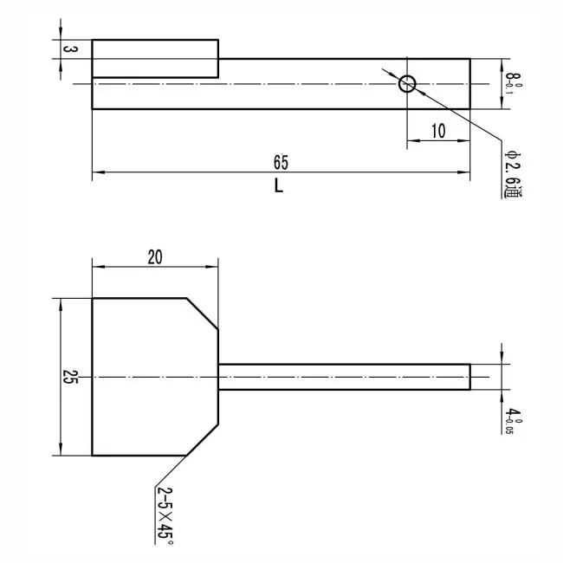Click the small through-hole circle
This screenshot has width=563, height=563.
point(407,75)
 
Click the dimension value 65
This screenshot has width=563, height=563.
point(281,163)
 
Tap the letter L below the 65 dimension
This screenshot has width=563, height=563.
point(279,186)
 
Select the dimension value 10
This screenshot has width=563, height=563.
point(438,131)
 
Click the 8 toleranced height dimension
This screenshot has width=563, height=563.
point(512,84)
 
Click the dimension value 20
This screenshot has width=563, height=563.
point(155,257)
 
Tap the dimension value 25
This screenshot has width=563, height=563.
point(70,377)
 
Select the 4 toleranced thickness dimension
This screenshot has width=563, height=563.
point(513,421)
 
